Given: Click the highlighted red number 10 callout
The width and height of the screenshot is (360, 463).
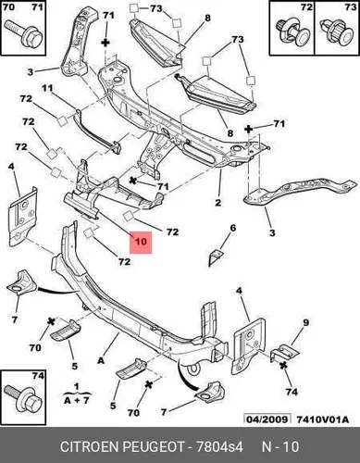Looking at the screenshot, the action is [x=141, y=243].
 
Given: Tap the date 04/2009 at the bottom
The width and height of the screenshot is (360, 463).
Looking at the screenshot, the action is [x=267, y=419].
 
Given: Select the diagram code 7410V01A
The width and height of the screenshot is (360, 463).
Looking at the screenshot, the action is [x=323, y=419].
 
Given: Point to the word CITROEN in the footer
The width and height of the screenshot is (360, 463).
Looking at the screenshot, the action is [x=89, y=447].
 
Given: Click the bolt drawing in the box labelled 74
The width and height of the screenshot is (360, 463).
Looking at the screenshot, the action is [x=23, y=398].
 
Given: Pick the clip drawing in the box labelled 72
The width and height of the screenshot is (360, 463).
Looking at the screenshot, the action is [x=292, y=31].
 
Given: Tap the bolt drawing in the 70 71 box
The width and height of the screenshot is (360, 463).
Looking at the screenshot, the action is [x=24, y=33].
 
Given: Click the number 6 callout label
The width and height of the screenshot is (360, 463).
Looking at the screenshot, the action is [x=233, y=228].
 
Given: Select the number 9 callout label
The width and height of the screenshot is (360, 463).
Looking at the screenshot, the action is [x=305, y=322].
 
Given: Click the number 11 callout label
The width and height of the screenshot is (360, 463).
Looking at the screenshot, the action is [x=47, y=88].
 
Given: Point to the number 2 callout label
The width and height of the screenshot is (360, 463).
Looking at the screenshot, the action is [x=218, y=203].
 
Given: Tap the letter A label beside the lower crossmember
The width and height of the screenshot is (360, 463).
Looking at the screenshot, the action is [x=101, y=360].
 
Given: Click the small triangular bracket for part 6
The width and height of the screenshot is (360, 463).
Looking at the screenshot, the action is [x=215, y=257].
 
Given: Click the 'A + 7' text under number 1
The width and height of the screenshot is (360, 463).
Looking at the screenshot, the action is [x=77, y=400].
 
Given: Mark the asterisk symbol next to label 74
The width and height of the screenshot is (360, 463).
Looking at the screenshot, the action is [x=283, y=366].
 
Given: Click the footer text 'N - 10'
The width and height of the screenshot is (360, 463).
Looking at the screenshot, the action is [x=280, y=447].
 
